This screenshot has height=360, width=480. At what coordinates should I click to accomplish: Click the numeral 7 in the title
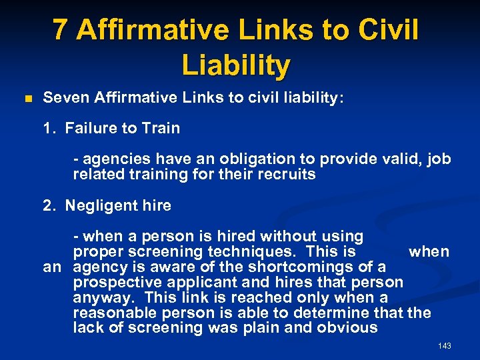pos(60,30)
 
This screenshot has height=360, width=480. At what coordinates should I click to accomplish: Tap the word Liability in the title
pos(235,65)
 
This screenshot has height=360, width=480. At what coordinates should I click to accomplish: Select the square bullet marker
pos(27,99)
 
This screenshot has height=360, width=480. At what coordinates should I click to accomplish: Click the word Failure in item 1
pos(90,128)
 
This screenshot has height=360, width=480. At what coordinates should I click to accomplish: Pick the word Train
pos(160,128)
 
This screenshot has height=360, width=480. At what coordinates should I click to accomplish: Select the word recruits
pos(287,175)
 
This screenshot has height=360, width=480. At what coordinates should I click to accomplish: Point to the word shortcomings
pos(280,267)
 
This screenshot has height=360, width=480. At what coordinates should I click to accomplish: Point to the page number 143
pos(445,346)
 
